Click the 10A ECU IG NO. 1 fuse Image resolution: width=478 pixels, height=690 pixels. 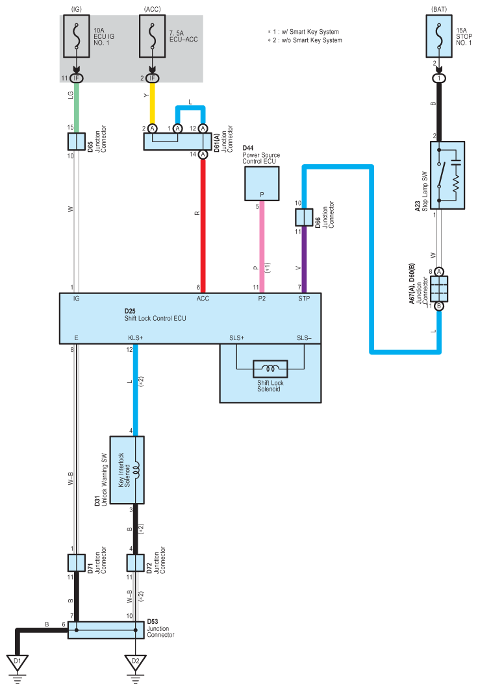coord(77,36)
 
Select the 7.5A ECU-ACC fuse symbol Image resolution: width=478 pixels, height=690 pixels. coord(152,36)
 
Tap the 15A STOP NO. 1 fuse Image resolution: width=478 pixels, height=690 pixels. coord(439,36)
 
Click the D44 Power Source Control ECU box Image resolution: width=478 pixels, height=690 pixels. coord(262,184)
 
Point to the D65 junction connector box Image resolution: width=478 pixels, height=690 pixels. coord(77,142)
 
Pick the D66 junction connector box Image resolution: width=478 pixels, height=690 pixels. coord(304,217)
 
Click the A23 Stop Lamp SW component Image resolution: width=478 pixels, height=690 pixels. coord(447,175)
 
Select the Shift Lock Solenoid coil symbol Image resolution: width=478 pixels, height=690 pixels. coord(270,369)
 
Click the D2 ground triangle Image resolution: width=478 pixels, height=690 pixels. coord(135,663)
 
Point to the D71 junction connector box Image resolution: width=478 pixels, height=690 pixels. coord(77,562)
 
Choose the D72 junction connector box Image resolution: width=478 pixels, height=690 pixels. coord(135,562)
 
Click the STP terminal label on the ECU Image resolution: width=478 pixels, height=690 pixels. coord(304,299)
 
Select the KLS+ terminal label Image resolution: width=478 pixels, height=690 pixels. coord(135,338)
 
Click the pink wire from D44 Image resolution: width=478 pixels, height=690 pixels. coord(262,247)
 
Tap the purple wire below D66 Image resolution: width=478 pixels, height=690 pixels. coord(304,260)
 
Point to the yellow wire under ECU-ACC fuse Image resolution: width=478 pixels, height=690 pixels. coord(152,103)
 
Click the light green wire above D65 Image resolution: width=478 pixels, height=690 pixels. coord(77,107)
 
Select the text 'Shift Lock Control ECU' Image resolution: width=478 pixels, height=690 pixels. coord(155,318)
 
